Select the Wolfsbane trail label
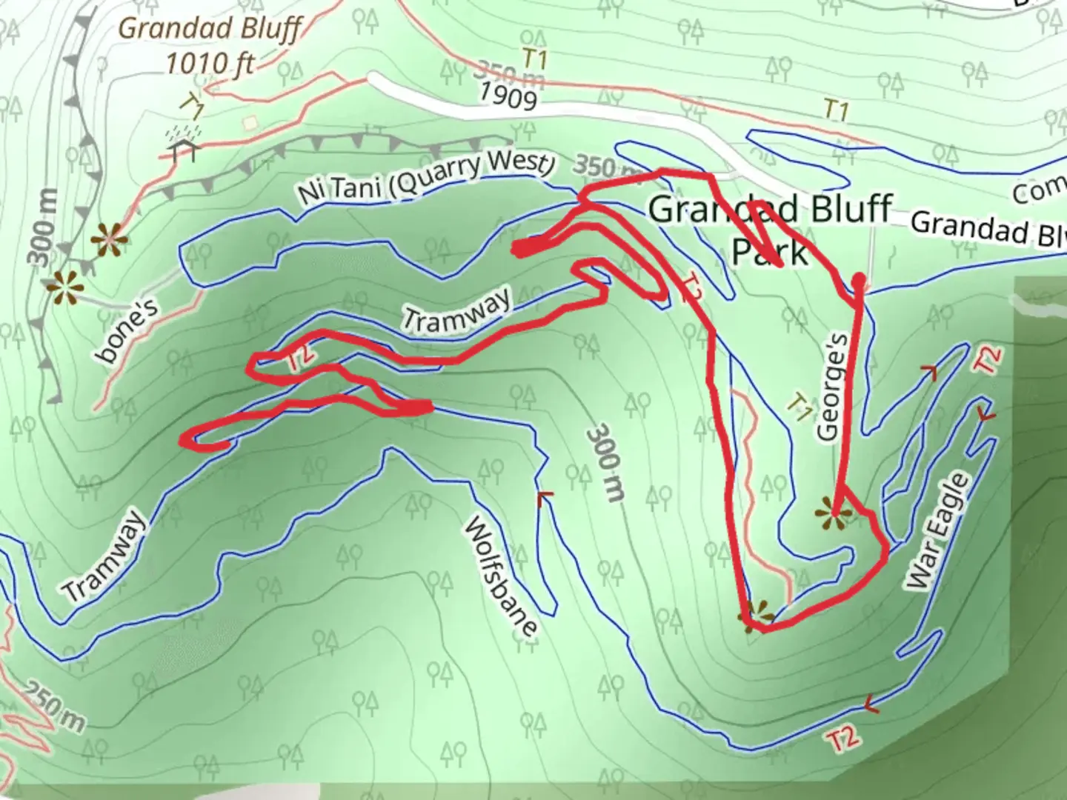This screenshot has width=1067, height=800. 500,576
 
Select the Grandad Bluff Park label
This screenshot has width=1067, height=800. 771,229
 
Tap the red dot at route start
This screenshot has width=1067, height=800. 859,280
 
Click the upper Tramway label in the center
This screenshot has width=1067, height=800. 456,309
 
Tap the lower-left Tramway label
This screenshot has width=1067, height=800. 104,556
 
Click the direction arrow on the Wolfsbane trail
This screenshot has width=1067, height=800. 546,496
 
